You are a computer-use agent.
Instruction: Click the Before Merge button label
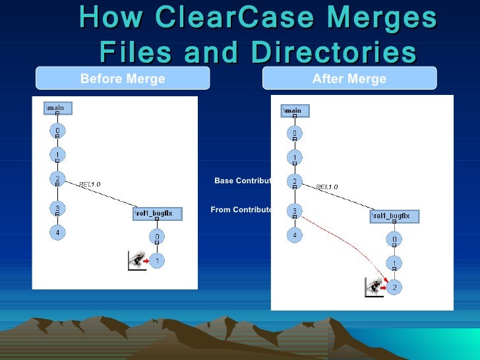point(123,79)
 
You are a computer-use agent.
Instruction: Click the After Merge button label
point(349,79)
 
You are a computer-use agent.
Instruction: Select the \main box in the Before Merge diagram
point(57,107)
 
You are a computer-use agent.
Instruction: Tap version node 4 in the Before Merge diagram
point(57,233)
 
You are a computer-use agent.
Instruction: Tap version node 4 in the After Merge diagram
point(295,235)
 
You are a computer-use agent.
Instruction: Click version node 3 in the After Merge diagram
point(295,212)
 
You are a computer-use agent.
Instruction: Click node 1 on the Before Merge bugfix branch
point(157,261)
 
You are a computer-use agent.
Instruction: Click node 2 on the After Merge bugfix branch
point(394,287)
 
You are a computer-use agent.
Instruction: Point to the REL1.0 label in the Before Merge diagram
point(90,185)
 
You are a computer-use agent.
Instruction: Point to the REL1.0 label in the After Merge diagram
point(327,187)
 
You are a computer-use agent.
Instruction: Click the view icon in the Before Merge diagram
point(136,261)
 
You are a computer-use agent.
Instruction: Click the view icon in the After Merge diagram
point(373,287)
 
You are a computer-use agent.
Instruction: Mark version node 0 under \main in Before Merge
point(57,131)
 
